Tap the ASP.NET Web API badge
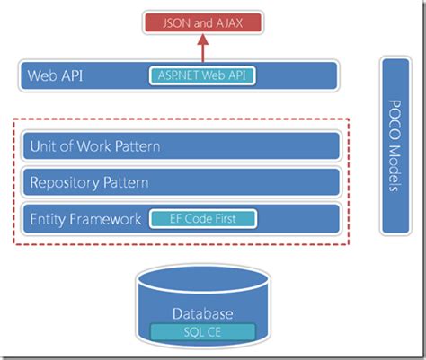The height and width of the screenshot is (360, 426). coord(202,75)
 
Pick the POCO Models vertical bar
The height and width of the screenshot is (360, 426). coord(395,145)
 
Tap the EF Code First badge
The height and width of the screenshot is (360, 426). coord(202,219)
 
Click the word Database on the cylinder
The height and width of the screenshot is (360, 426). coord(202,314)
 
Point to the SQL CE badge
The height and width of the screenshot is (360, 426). coord(202,332)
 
